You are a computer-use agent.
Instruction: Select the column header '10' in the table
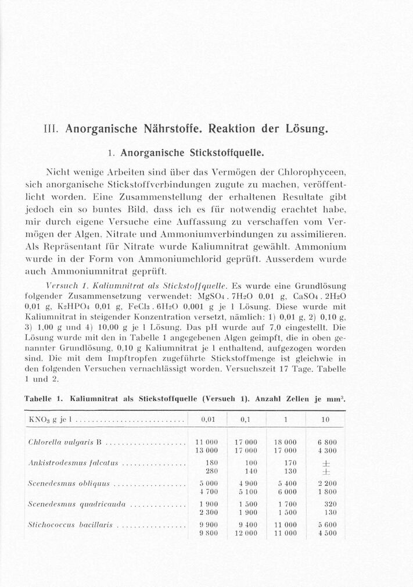tap(326, 419)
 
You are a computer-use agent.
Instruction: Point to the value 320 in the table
tap(331, 504)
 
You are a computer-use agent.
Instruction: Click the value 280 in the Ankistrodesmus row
tap(212, 471)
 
